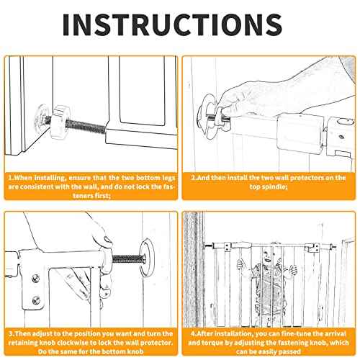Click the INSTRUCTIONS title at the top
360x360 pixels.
pos(172,24)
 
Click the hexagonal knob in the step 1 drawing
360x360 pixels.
pos(61,122)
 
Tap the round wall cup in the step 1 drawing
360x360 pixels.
pos(42,116)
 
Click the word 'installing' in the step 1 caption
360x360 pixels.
pos(50,178)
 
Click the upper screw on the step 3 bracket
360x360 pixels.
pos(36,279)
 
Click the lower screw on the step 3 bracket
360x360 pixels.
pos(36,300)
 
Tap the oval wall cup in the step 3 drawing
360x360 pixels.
pos(147,256)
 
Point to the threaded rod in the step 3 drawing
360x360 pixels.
pos(127,259)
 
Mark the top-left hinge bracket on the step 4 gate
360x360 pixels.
pos(228,247)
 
